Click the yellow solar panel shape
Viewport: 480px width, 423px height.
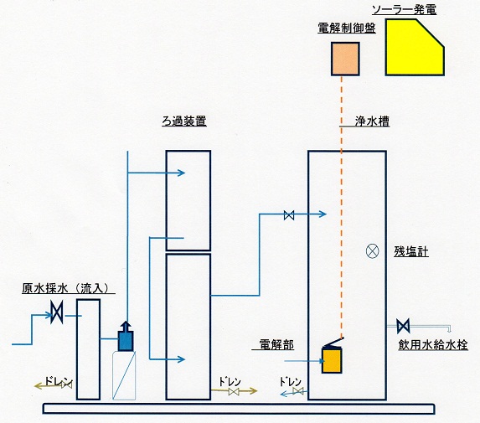(x=413, y=48)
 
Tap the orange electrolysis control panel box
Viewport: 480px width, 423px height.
(x=345, y=59)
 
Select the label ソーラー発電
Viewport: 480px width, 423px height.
(x=404, y=10)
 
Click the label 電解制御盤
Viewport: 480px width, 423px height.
(x=347, y=28)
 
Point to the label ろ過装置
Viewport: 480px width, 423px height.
(x=184, y=121)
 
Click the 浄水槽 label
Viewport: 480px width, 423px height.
(x=372, y=121)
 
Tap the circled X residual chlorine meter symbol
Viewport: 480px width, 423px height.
(x=373, y=251)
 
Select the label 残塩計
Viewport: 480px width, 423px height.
(x=410, y=251)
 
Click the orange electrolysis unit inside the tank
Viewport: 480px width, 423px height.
(x=332, y=360)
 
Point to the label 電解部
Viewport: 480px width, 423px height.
(x=276, y=344)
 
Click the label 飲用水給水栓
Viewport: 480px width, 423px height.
(x=433, y=345)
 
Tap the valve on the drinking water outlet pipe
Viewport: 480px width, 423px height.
(x=403, y=327)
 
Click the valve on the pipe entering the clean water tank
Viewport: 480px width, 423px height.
(x=289, y=215)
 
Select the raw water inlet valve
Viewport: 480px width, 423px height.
(x=57, y=312)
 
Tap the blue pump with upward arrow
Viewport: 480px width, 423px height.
(x=126, y=337)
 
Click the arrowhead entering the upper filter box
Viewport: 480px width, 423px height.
(x=182, y=173)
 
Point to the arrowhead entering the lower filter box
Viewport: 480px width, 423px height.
(x=182, y=359)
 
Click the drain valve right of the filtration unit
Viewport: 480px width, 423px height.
(x=234, y=391)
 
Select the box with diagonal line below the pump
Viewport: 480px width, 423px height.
(x=124, y=375)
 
